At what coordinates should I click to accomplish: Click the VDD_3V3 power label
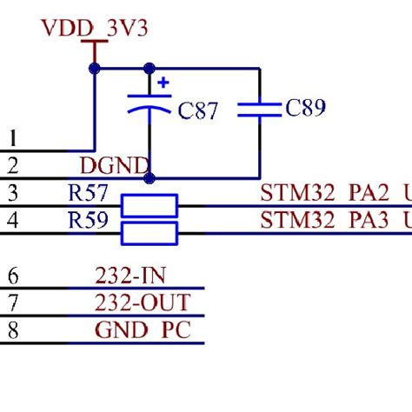[95, 29]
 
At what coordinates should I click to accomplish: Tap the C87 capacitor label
[197, 111]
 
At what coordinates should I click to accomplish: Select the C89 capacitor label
[305, 108]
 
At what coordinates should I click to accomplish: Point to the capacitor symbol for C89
[259, 108]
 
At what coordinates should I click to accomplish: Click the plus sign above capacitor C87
[163, 84]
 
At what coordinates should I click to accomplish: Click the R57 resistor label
[88, 192]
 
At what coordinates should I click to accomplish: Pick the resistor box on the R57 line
[149, 205]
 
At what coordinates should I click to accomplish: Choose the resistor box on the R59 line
[149, 233]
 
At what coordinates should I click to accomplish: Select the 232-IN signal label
[131, 276]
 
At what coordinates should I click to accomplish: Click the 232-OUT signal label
[142, 303]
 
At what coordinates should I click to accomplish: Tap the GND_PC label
[141, 330]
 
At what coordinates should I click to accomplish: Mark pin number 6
[12, 276]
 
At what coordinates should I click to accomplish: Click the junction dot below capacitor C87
[150, 177]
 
